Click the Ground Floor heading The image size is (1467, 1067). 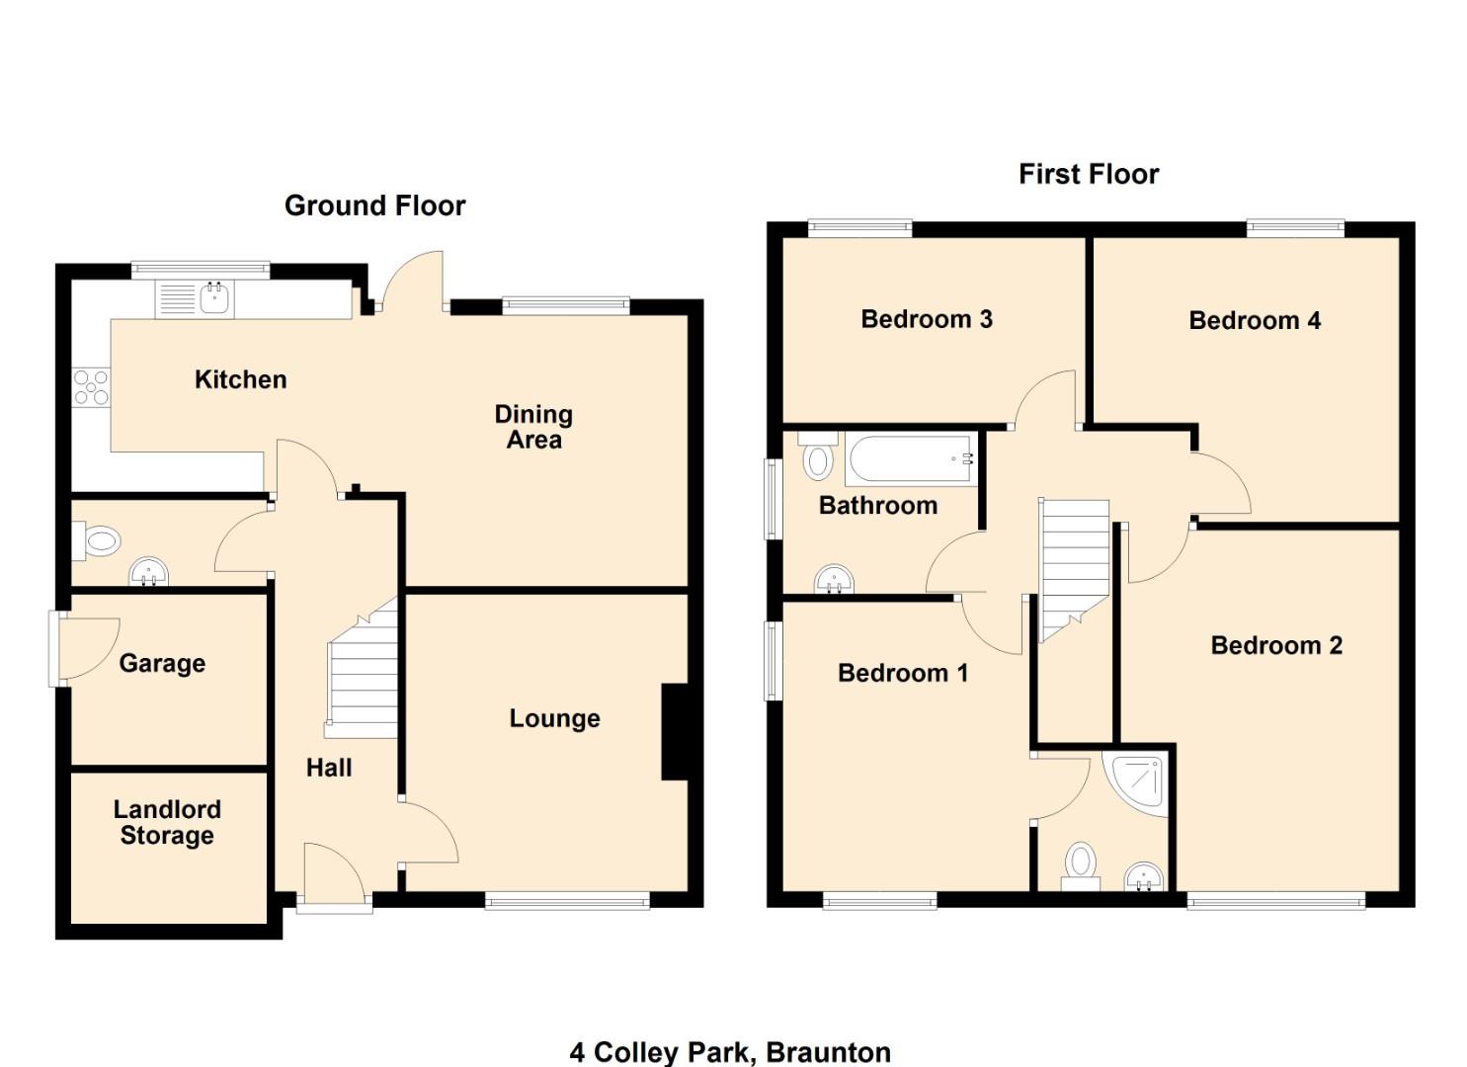click(x=374, y=205)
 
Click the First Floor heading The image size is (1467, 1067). click(x=1088, y=175)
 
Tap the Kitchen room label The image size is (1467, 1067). click(x=240, y=379)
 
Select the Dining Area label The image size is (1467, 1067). click(x=533, y=427)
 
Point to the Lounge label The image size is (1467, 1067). click(x=554, y=718)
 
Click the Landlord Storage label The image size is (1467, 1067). click(x=167, y=822)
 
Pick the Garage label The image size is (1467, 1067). click(x=162, y=663)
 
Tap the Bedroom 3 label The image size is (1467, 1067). click(x=926, y=319)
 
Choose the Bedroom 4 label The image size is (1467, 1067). click(x=1254, y=320)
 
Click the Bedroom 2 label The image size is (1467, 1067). click(x=1275, y=645)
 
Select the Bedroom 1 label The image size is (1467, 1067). click(x=902, y=673)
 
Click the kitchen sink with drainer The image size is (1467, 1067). click(x=195, y=298)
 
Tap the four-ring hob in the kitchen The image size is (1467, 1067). click(x=91, y=386)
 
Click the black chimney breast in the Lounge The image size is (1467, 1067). click(x=674, y=731)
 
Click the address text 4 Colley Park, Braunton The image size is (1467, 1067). click(x=730, y=1052)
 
